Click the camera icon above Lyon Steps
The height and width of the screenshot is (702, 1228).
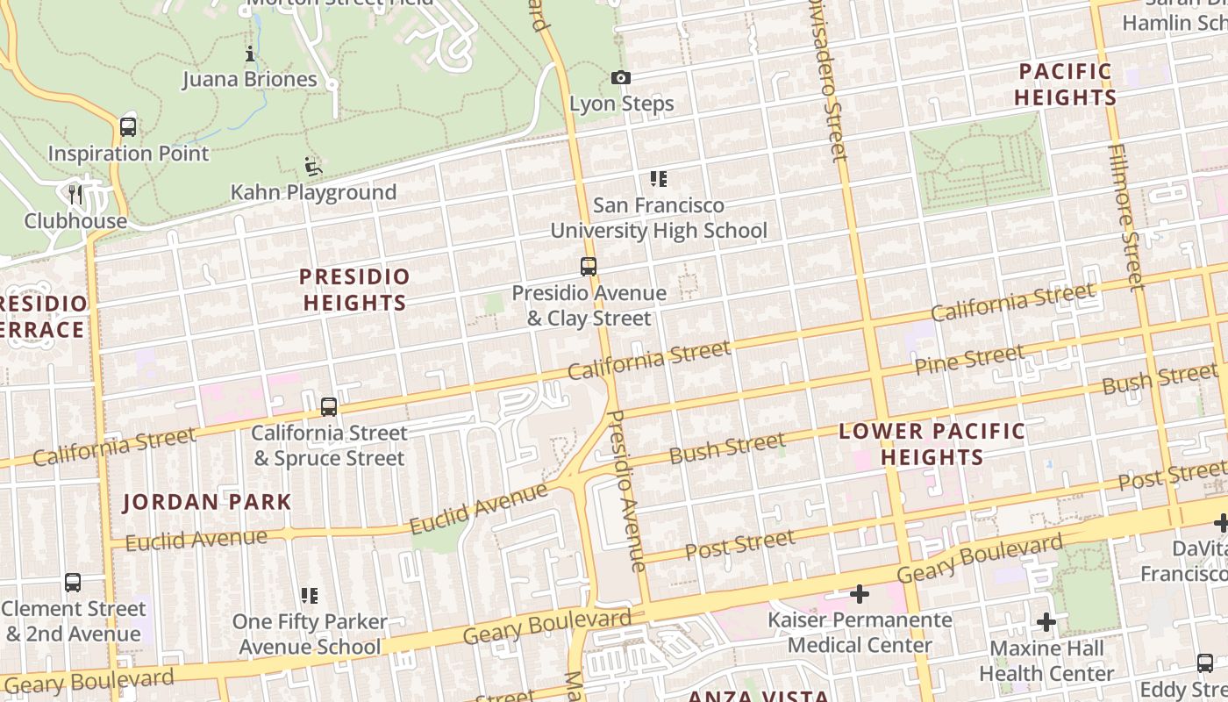point(621,78)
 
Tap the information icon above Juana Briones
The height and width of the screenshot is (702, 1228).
point(250,54)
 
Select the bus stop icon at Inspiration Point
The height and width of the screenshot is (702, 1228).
point(128,126)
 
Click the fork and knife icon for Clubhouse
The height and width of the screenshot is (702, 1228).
point(75,194)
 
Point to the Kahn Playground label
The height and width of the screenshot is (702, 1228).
point(313,192)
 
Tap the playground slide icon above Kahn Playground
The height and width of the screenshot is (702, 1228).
point(312,166)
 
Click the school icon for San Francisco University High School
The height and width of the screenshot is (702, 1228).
point(659,179)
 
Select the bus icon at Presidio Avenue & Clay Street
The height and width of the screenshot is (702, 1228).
point(589,266)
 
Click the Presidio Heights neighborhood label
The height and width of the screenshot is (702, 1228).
point(354,290)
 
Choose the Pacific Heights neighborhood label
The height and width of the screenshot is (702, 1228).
point(1065,84)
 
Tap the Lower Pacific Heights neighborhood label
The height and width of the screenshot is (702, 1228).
point(932,444)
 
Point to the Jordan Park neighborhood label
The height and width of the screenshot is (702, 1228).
point(207,503)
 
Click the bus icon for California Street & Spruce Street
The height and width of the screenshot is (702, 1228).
point(329,406)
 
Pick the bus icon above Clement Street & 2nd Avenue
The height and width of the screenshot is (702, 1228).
point(73,582)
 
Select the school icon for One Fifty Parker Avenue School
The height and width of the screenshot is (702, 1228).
point(309,596)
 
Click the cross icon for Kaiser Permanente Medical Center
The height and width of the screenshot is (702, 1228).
point(860,594)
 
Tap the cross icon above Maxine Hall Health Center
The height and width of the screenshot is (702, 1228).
point(1046,622)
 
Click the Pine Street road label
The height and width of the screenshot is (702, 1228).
point(969,360)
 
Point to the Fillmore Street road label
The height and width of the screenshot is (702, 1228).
point(1124,217)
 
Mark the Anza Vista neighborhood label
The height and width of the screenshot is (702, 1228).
point(758,696)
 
